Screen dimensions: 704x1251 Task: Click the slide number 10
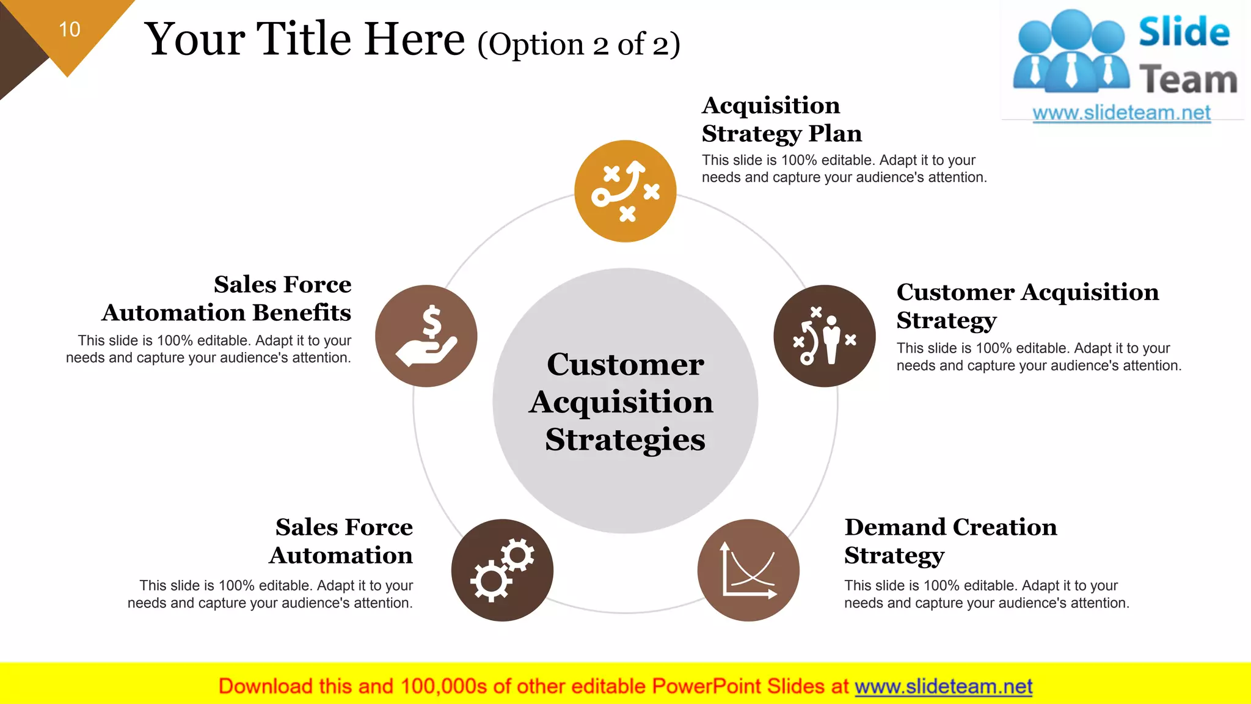70,29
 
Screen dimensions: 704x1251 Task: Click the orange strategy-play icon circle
625,191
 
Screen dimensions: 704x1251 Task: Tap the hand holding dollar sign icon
426,336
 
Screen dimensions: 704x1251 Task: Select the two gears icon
502,570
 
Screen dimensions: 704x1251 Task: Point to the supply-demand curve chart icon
748,570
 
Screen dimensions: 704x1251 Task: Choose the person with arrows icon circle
824,336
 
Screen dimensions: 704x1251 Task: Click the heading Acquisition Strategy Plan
781,119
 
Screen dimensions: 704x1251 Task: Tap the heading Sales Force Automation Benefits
227,298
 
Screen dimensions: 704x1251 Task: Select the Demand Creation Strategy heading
950,541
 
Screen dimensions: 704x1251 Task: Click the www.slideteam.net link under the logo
1122,113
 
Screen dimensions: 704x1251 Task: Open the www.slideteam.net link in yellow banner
943,686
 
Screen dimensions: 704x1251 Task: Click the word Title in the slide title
304,39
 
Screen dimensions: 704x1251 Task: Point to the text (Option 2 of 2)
578,45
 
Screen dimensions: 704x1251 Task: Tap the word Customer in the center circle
625,365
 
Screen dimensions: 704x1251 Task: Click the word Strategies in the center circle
625,439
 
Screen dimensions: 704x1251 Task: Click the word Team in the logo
1187,80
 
